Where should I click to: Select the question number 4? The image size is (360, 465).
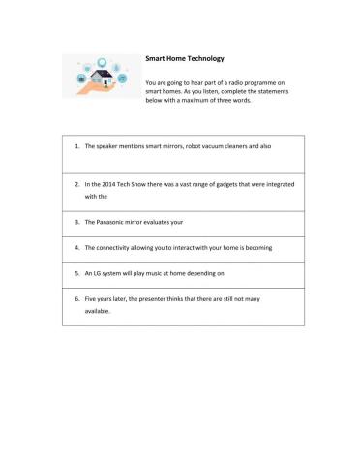(x=76, y=247)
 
